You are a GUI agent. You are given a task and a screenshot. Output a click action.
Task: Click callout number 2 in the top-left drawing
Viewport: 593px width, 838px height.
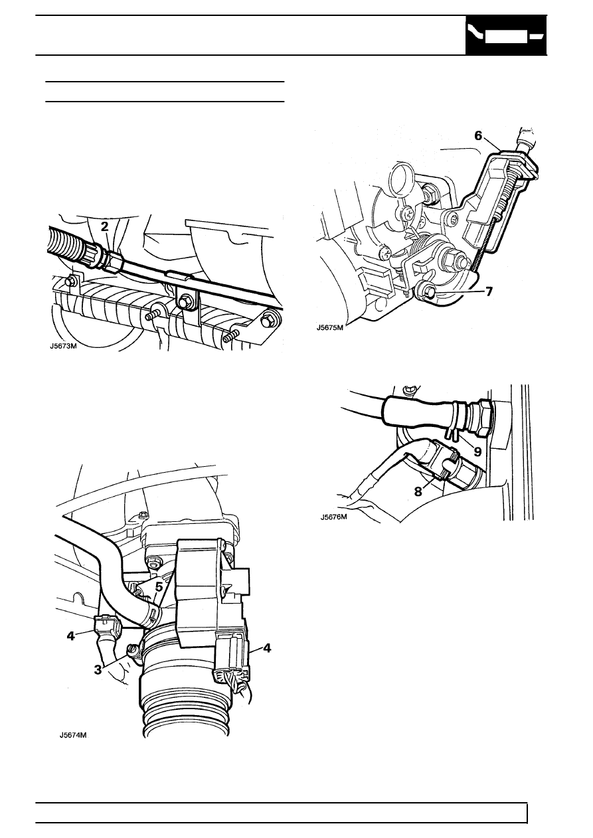104,226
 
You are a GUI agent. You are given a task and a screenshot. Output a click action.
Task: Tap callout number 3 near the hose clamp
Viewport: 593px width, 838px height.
98,669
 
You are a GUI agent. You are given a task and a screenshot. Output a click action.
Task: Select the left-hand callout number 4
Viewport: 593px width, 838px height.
71,635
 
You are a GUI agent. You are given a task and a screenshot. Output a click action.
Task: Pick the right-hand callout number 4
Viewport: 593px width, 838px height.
267,647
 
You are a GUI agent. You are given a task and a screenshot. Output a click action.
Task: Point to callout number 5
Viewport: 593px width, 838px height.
159,588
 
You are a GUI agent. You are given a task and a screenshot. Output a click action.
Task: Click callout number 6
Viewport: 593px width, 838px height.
478,136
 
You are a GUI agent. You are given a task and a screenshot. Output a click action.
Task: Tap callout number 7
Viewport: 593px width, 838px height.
489,292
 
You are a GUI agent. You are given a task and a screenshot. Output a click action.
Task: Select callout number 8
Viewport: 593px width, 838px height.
418,491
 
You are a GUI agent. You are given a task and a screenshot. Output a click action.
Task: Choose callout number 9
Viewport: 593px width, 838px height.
477,452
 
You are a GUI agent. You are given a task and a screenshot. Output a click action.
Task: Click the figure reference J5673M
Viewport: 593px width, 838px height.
64,346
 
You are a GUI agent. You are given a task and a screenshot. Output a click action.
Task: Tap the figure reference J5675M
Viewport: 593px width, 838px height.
329,328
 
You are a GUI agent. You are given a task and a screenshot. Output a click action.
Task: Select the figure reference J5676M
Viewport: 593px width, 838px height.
334,517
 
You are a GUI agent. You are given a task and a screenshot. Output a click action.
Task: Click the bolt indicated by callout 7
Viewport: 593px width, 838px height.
430,290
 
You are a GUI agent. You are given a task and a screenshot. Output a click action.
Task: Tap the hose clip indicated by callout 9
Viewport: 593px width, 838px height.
454,418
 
